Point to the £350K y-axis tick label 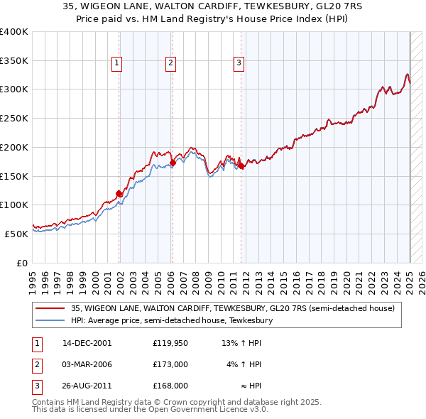[x=14, y=60]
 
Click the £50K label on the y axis [x=17, y=233]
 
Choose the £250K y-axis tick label [x=14, y=118]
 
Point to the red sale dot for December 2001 [x=119, y=193]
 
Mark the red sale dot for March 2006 [x=173, y=163]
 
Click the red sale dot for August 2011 [x=241, y=165]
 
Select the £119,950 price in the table [x=170, y=343]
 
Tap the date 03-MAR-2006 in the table [x=87, y=364]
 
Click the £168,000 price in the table [x=170, y=386]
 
